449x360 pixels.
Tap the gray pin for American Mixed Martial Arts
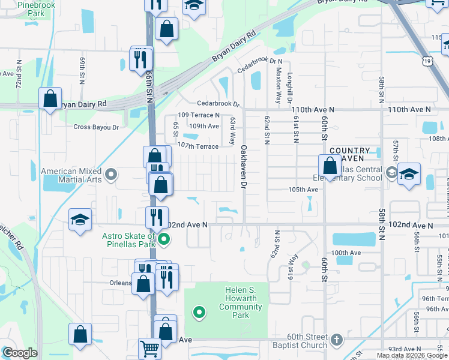pyautogui.click(x=110, y=175)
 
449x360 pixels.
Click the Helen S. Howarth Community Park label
pyautogui.click(x=240, y=302)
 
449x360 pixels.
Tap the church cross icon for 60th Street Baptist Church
pyautogui.click(x=336, y=339)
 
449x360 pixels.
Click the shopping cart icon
pyautogui.click(x=149, y=348)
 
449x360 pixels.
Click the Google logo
pyautogui.click(x=20, y=353)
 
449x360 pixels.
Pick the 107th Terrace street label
pyautogui.click(x=198, y=146)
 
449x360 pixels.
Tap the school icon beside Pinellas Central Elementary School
pyautogui.click(x=409, y=174)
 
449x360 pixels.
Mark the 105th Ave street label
pyautogui.click(x=303, y=190)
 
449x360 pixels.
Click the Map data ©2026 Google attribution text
pyautogui.click(x=411, y=355)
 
